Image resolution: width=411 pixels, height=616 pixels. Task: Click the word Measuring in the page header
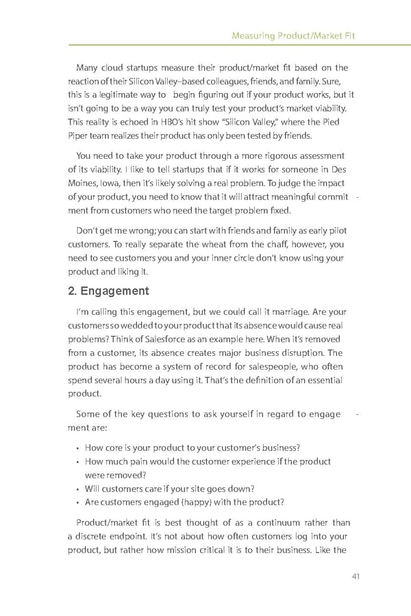[253, 35]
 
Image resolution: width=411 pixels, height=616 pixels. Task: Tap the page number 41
[355, 576]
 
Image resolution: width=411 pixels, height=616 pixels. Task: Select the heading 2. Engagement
[109, 291]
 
